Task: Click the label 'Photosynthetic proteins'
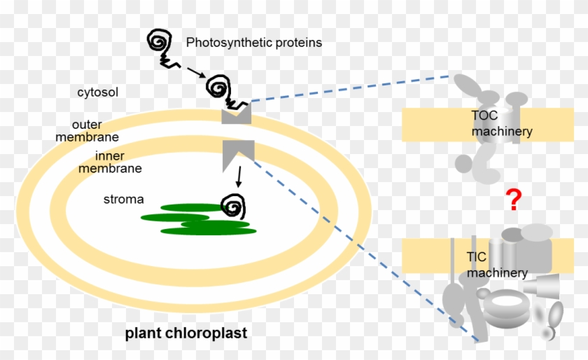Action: pos(253,43)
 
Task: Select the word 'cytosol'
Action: pos(98,92)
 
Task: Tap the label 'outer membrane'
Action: pos(87,130)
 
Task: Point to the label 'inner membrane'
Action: pos(110,162)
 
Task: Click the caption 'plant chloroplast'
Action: pos(185,333)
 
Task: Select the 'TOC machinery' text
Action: pos(501,123)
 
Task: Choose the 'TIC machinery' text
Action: pos(496,265)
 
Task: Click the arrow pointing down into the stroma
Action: pos(239,176)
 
